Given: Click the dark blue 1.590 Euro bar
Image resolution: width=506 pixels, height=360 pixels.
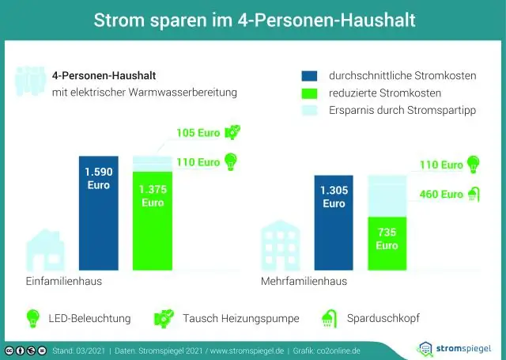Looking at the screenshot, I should (98, 214).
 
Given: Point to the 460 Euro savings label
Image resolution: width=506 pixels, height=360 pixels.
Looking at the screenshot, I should (440, 194).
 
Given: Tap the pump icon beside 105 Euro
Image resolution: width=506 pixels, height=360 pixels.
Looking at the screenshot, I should (233, 131).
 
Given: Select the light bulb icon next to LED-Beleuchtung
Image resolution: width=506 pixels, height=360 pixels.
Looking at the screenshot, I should (33, 318).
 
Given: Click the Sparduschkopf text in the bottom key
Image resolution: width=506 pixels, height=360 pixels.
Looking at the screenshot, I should (383, 319).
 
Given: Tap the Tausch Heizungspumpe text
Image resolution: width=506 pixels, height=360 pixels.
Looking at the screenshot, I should (240, 319).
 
